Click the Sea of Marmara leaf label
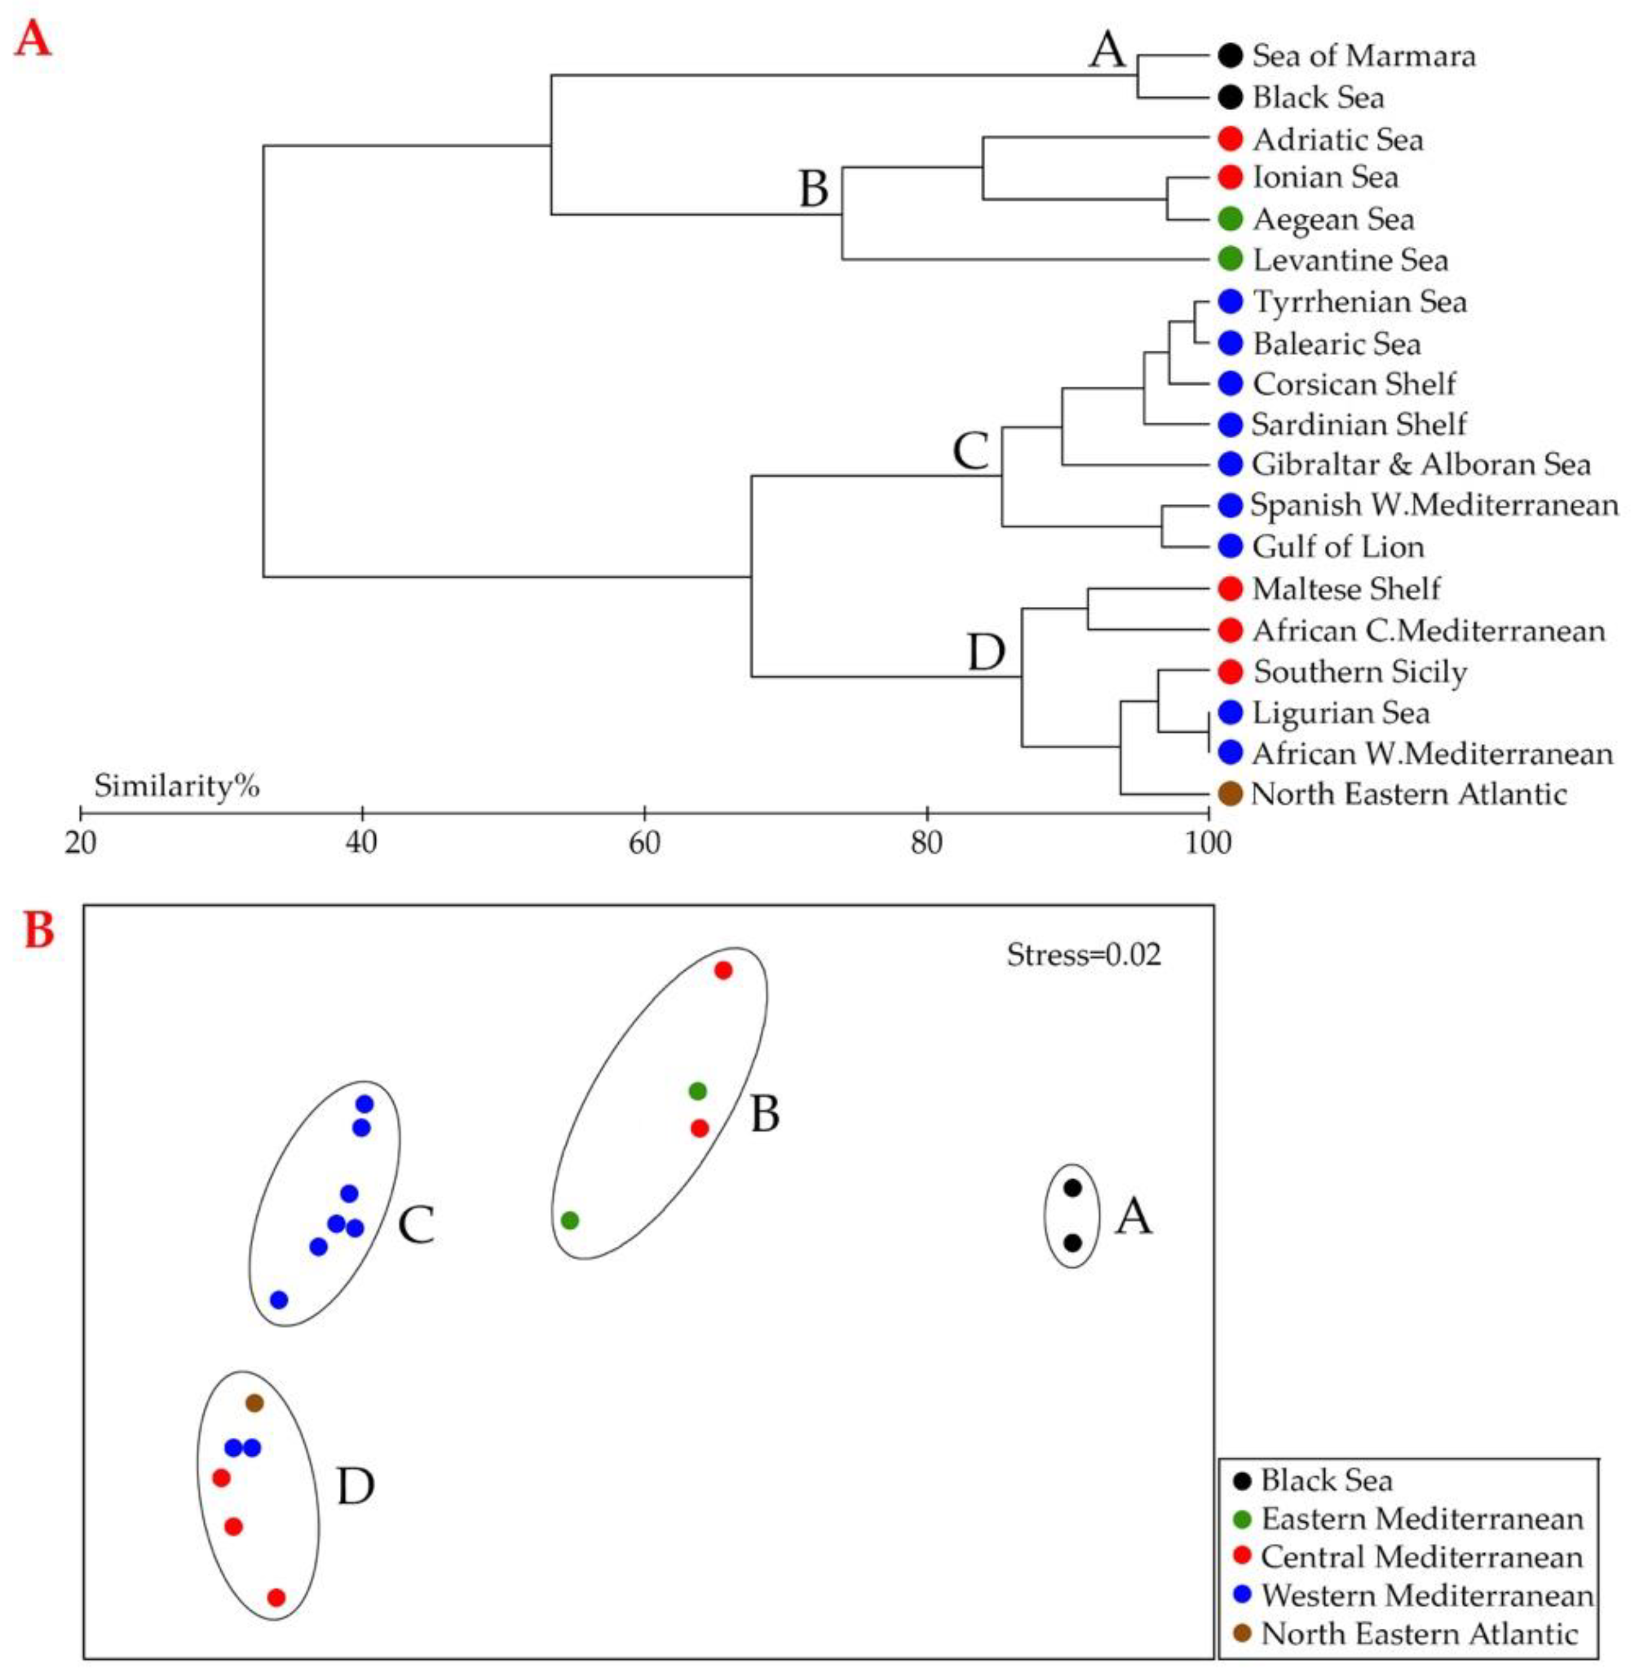pos(1364,56)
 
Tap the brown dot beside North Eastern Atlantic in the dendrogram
pos(1230,794)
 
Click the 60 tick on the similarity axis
pos(645,812)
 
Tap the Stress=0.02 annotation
pos(1084,955)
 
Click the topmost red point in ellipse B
pos(723,970)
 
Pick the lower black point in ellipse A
pos(1072,1243)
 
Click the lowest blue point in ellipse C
pos(279,1300)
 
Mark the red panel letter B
pos(39,931)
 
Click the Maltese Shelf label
pos(1345,588)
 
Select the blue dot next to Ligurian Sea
pos(1230,712)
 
